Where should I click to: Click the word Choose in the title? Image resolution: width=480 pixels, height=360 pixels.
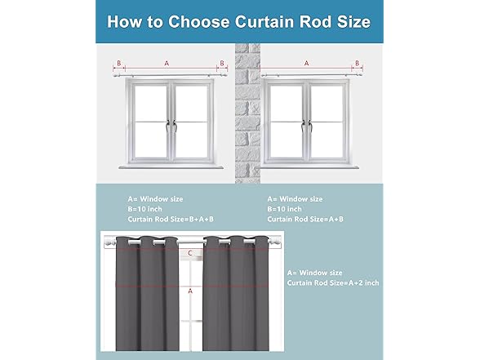(199, 22)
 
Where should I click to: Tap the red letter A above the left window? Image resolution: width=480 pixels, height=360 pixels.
(167, 64)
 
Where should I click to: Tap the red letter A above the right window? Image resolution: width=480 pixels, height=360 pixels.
(306, 64)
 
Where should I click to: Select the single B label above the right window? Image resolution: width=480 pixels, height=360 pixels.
(357, 63)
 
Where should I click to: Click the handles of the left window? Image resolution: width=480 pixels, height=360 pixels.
(171, 126)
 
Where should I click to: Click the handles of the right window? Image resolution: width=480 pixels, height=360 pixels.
(306, 126)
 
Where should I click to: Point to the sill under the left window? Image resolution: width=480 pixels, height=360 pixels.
(171, 167)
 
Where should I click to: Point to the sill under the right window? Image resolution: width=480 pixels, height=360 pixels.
(310, 167)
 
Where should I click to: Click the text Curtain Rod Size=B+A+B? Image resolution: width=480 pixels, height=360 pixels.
(171, 219)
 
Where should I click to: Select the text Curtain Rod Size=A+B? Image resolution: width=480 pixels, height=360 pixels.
(305, 219)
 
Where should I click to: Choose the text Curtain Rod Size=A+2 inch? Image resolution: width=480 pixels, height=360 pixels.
(333, 282)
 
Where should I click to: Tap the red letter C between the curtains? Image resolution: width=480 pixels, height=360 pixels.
(190, 253)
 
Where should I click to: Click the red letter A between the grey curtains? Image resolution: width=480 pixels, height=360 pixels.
(190, 291)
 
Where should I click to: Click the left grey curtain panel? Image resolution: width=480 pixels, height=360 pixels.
(147, 293)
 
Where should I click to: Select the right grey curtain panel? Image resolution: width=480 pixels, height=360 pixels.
(236, 293)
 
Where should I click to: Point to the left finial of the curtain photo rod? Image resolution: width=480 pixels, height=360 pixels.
(109, 243)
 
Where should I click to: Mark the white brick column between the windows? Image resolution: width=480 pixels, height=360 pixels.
(247, 113)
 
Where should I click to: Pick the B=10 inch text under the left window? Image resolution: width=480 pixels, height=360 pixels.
(144, 209)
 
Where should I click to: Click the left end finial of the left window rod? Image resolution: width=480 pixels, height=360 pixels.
(116, 75)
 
